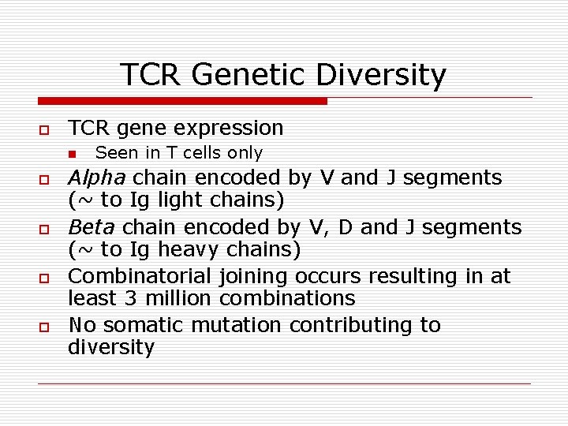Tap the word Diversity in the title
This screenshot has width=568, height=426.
pos(381,76)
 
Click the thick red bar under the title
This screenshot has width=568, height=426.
pos(183,101)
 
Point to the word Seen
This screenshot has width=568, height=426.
pos(114,152)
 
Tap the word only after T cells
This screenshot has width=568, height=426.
pos(245,152)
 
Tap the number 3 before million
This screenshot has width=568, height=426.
pos(131,299)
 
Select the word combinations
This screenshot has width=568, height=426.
pos(287,299)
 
